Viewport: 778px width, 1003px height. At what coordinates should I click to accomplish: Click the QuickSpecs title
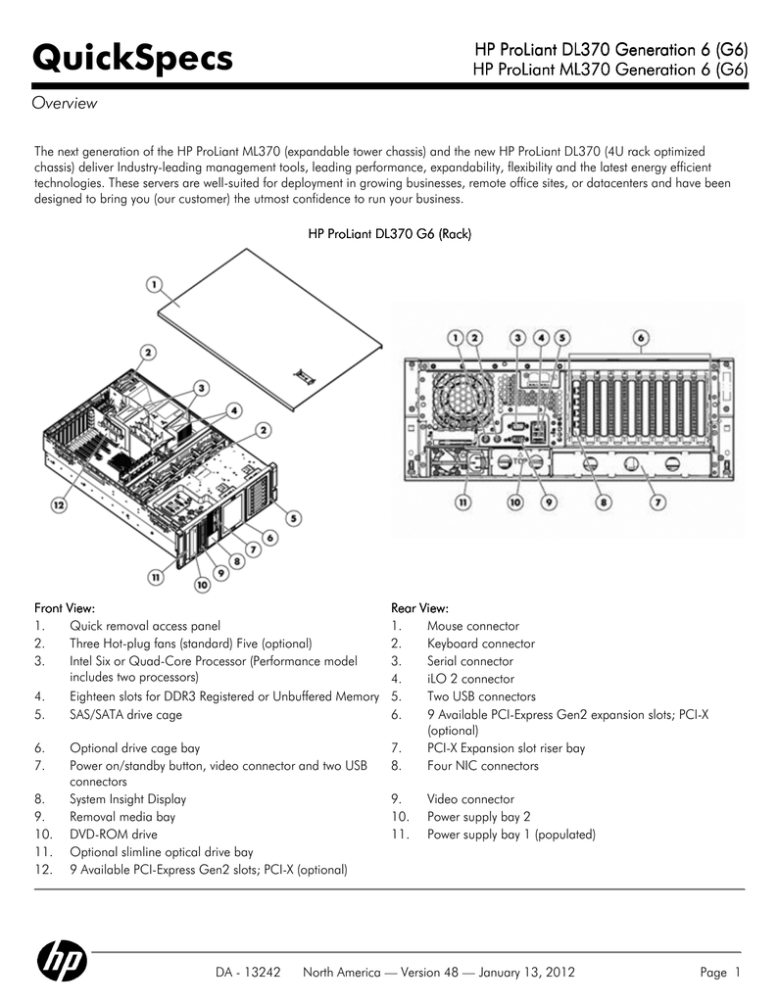coord(133,58)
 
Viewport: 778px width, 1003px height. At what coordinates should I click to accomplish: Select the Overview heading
coord(65,104)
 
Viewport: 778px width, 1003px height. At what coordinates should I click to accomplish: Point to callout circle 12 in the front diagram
coord(60,506)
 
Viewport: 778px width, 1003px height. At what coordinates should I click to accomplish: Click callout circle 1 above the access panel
coord(155,285)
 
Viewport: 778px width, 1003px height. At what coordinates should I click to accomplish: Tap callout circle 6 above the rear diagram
coord(640,337)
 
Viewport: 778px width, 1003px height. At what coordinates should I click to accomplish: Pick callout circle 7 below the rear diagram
coord(658,501)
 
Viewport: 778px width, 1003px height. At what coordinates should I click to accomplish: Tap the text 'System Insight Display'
coord(127,799)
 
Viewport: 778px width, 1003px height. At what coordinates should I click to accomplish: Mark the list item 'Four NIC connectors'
coord(482,766)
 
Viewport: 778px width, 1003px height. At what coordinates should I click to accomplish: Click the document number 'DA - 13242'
coord(249,973)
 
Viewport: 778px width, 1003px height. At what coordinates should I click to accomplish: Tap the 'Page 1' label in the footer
coord(720,973)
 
